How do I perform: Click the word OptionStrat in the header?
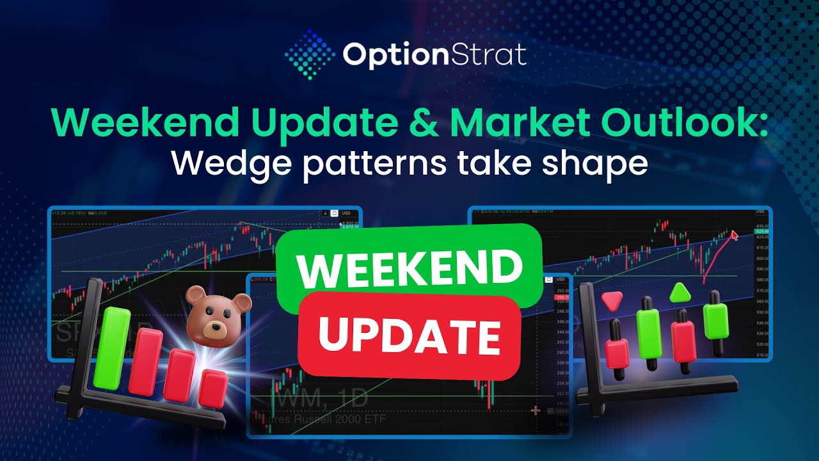pos(434,55)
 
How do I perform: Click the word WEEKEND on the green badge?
pos(409,268)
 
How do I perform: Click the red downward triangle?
pos(612,300)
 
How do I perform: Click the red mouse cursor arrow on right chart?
pos(735,235)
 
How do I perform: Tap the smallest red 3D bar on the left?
pos(213,388)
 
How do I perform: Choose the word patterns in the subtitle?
pos(376,164)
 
